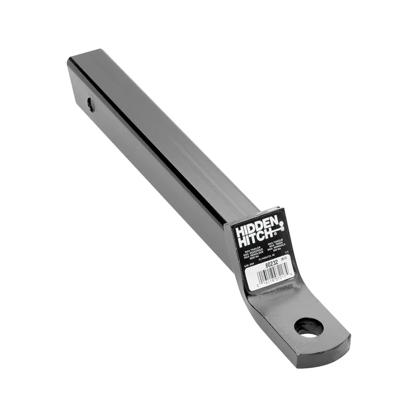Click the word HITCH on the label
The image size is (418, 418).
pos(255,239)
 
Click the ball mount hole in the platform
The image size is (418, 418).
pos(308,328)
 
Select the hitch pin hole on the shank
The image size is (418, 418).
pos(91,104)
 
